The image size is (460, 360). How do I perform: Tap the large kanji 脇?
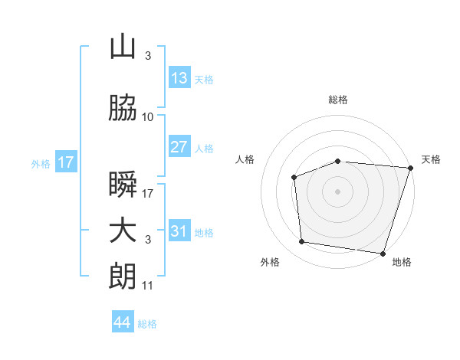123,107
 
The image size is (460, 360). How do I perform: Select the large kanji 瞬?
123,184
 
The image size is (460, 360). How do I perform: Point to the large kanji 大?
123,231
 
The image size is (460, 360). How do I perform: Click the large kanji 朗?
123,277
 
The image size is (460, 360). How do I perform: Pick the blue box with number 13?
180,77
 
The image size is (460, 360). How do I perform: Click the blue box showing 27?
180,146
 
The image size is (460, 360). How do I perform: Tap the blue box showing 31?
180,230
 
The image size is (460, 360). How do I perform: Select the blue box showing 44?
123,321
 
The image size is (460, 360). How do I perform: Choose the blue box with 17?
66,162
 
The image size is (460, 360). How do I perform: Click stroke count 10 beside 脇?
147,117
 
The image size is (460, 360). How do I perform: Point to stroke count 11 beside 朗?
147,286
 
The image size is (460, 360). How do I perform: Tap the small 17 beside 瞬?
147,194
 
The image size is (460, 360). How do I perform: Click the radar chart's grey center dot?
337,191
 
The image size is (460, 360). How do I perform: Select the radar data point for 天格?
411,168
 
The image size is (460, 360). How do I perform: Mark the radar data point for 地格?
383,254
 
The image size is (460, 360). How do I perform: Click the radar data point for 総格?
338,162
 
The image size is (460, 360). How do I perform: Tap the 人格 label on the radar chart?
245,159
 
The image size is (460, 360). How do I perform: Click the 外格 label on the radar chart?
270,262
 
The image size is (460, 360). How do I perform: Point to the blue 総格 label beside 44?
147,324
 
